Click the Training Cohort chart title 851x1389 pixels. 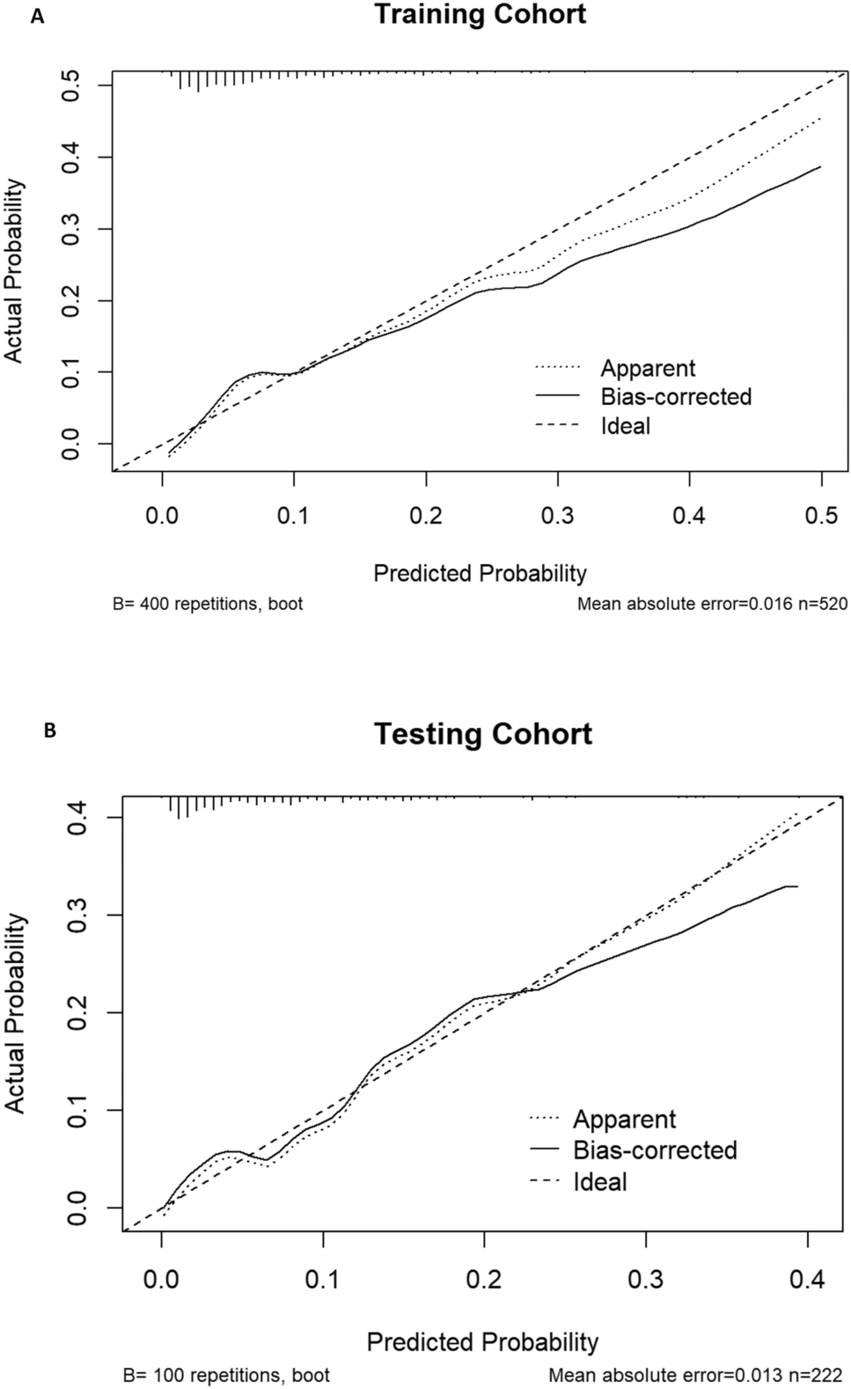point(480,15)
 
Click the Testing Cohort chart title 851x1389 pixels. point(483,733)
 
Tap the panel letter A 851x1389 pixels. point(37,16)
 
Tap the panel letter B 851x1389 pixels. point(50,731)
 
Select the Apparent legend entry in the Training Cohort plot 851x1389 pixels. point(648,368)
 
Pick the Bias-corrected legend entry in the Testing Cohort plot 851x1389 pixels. point(655,1150)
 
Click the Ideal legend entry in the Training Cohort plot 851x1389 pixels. point(626,426)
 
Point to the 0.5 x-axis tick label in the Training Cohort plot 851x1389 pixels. point(821,515)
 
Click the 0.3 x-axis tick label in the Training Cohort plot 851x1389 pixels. point(557,515)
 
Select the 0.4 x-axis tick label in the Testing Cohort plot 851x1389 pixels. point(807,1279)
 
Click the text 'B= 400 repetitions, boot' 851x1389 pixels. point(208,605)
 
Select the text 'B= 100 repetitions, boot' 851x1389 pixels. point(227,1375)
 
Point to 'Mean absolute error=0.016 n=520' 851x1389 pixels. point(711,605)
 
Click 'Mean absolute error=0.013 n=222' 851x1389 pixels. point(695,1375)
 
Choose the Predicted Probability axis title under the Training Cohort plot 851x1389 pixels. point(480,573)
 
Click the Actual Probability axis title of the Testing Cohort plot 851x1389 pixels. point(15,1013)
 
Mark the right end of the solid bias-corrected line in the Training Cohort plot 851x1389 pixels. point(821,166)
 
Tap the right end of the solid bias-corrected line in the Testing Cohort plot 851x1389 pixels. point(796,886)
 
